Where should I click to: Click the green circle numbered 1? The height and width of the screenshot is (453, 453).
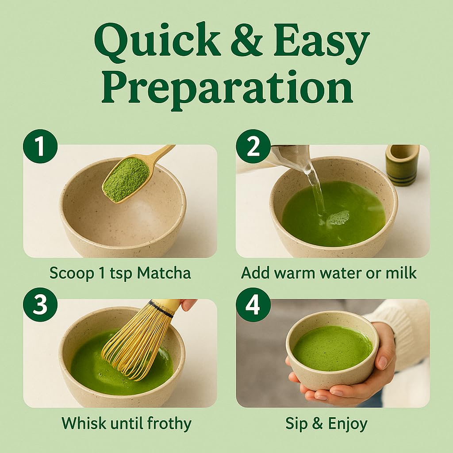pyautogui.click(x=40, y=146)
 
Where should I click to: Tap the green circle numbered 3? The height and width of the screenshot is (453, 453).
pyautogui.click(x=40, y=304)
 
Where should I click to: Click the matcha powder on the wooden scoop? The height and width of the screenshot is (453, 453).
pyautogui.click(x=127, y=179)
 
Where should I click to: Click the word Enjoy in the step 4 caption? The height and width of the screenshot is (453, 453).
pyautogui.click(x=348, y=423)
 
